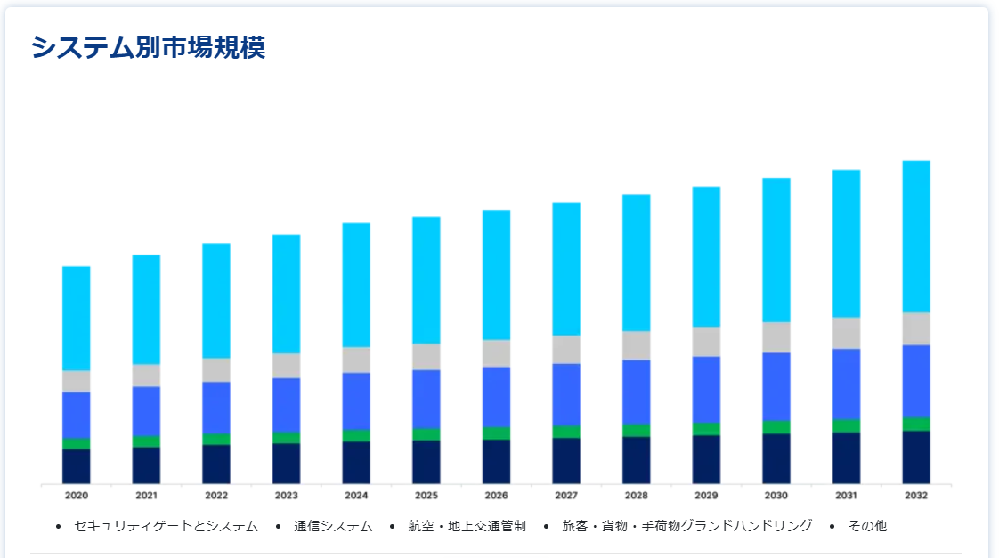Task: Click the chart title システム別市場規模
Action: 148,47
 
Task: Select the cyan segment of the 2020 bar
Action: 77,318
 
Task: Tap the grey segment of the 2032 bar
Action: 916,328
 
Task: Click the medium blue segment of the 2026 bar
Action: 496,397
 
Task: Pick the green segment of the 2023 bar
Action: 286,437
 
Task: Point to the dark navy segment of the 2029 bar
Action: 706,459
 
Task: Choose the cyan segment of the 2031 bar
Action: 847,243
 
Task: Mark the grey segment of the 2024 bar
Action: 356,360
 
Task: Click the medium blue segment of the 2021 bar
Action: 146,411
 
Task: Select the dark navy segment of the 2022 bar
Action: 216,464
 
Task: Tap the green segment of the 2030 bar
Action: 776,427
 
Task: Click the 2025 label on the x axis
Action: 426,495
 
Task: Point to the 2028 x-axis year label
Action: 636,495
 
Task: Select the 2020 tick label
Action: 77,495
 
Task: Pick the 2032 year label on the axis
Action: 916,495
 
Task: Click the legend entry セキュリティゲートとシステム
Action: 166,526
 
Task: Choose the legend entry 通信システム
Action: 333,526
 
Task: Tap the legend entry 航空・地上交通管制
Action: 467,526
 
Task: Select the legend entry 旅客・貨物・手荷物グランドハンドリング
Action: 686,526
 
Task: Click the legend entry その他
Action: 867,526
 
